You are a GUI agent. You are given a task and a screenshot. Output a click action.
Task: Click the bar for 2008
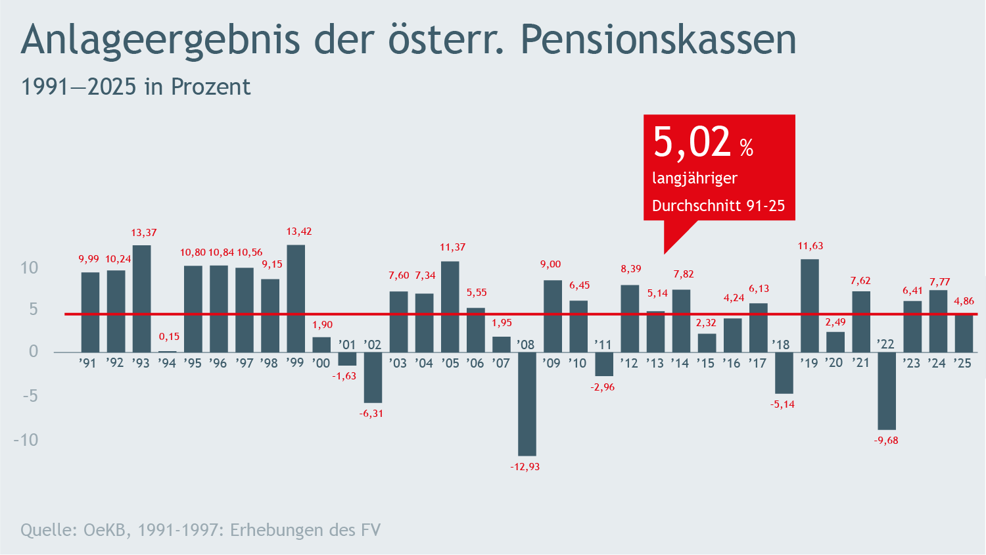click(527, 404)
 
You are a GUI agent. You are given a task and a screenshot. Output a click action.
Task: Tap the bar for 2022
click(887, 391)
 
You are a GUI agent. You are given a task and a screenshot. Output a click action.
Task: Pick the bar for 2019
click(810, 306)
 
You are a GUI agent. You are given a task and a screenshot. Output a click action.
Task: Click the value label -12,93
click(525, 467)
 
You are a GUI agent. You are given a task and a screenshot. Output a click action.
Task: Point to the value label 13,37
click(144, 233)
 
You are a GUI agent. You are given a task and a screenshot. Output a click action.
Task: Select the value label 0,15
click(169, 337)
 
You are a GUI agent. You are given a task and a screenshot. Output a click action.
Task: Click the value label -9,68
click(886, 441)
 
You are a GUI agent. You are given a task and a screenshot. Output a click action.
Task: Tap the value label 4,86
click(964, 301)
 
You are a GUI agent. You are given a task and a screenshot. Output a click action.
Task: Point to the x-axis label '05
click(450, 364)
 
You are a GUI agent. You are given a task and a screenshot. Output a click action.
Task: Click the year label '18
click(780, 345)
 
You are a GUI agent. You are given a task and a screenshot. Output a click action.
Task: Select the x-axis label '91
click(87, 364)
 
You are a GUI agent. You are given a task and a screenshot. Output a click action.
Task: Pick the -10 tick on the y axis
click(26, 440)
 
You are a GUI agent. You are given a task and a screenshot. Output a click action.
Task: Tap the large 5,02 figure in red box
click(692, 142)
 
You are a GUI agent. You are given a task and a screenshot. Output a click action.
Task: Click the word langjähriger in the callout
click(695, 178)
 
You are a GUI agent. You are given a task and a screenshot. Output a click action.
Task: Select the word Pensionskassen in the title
click(658, 39)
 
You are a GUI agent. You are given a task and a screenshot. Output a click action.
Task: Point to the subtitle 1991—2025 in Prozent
click(136, 87)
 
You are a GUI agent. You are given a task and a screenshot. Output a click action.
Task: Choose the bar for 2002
click(373, 377)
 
